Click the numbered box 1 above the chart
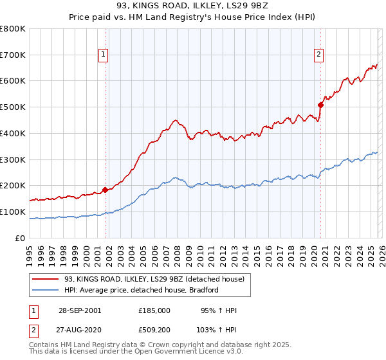[x=104, y=55]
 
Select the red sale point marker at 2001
[x=105, y=190]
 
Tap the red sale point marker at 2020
[x=320, y=104]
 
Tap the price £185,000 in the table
[x=154, y=310]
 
